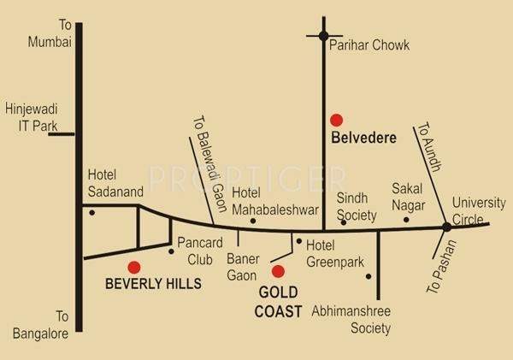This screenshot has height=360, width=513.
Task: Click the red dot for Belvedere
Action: (x=337, y=120)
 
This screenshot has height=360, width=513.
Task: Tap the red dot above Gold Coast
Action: (x=277, y=272)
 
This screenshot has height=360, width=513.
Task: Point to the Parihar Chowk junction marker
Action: (x=323, y=36)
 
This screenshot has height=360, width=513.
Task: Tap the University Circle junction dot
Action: (x=446, y=227)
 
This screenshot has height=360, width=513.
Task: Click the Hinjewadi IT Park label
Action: (x=29, y=118)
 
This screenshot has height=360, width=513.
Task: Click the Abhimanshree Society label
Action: (x=351, y=320)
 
